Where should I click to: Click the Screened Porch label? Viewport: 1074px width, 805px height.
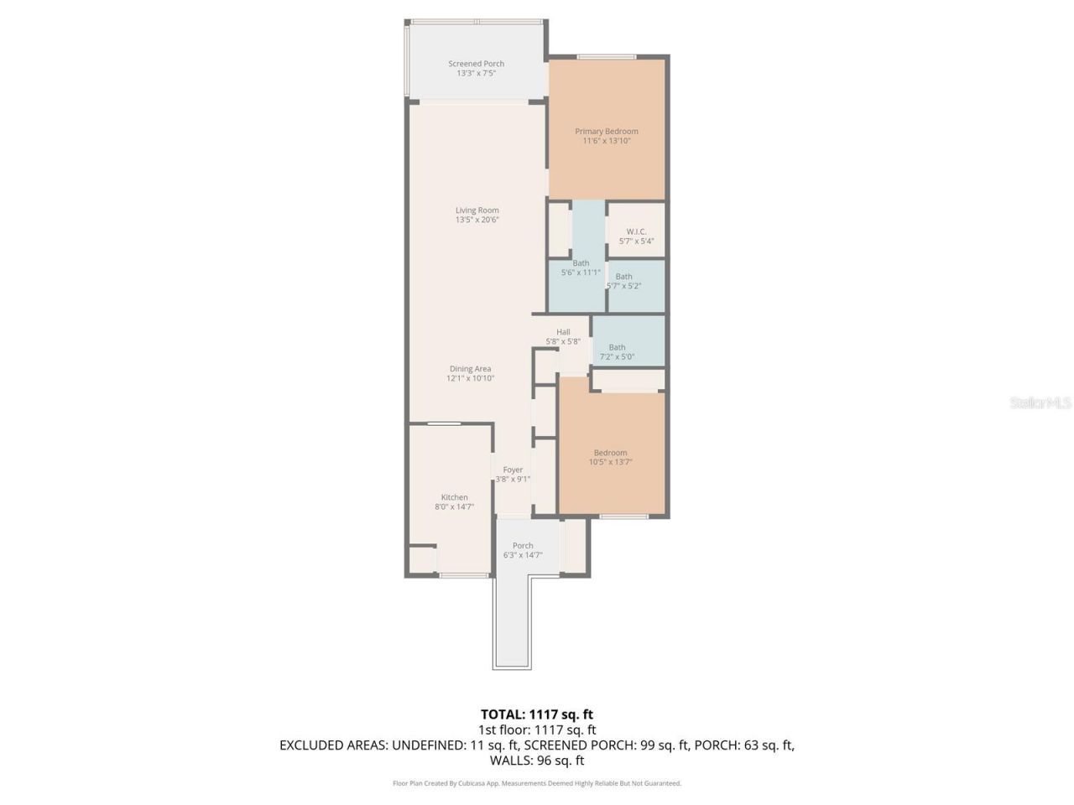coord(476,64)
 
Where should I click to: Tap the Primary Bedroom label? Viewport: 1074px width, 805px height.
coord(606,132)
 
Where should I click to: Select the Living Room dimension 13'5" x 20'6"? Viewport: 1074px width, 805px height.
coord(477,220)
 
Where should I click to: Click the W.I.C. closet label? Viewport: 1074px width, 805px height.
coord(636,232)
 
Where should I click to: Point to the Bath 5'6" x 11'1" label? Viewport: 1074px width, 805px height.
coord(581,267)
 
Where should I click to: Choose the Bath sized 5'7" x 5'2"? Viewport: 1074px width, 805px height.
coord(623,281)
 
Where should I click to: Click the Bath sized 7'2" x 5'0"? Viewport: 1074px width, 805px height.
coord(617,351)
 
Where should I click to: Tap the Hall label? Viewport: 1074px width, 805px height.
coord(563,332)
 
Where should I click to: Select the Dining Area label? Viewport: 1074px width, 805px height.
coord(470,369)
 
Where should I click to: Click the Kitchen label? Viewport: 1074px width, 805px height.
coord(454,497)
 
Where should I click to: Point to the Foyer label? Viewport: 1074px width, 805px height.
coord(513,470)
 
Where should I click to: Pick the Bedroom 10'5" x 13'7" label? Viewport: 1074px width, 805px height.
coord(610,457)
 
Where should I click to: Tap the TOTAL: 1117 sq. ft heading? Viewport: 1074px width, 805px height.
coord(536,714)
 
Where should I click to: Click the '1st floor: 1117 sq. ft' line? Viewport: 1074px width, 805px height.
coord(536,730)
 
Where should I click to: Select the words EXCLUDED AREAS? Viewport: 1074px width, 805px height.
coord(333,745)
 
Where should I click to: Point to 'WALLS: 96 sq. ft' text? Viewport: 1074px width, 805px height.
coord(536,761)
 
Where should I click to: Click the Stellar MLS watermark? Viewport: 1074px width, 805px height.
coord(1040,403)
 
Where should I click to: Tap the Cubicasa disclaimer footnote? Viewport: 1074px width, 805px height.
coord(536,783)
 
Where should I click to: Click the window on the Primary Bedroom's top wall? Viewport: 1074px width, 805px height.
coord(606,57)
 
